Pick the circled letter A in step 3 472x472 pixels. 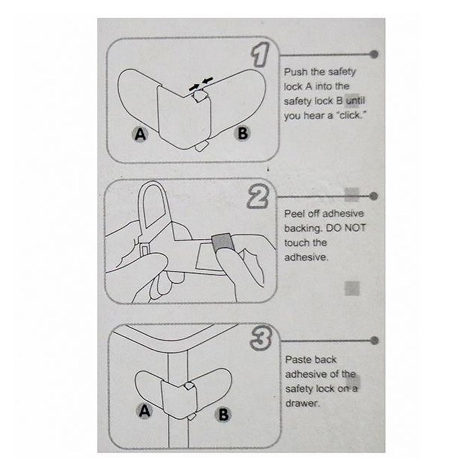pos(144,411)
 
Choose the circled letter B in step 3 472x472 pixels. pos(223,414)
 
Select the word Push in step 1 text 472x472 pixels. pos(296,72)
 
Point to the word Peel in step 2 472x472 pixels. pos(295,214)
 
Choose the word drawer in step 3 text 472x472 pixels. pos(302,403)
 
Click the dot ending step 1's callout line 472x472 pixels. pos(375,55)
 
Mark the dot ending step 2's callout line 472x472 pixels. pos(375,196)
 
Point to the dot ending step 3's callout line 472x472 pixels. pos(375,341)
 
